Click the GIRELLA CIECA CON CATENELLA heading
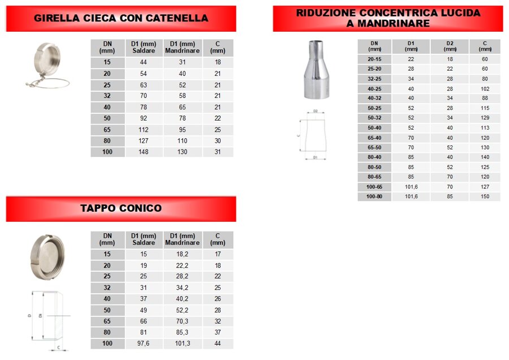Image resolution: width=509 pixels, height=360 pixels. pyautogui.click(x=120, y=18)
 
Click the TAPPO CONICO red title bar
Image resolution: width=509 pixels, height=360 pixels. pyautogui.click(x=120, y=208)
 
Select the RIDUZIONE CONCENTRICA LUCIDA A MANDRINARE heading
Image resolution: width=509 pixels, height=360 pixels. pyautogui.click(x=388, y=18)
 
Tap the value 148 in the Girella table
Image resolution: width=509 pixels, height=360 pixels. pyautogui.click(x=143, y=152)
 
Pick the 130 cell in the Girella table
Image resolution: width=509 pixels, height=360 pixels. pyautogui.click(x=182, y=152)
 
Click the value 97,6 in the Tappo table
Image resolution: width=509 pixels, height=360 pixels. pyautogui.click(x=143, y=344)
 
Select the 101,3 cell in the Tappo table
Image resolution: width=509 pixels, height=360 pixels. pyautogui.click(x=182, y=344)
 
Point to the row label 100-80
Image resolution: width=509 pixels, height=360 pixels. pyautogui.click(x=374, y=196)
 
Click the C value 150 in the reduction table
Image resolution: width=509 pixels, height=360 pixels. pyautogui.click(x=485, y=196)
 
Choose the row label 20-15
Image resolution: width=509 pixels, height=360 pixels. pyautogui.click(x=374, y=59)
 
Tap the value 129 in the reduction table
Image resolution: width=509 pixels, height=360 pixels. pyautogui.click(x=485, y=118)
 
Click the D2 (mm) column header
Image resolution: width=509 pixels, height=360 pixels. pyautogui.click(x=450, y=46)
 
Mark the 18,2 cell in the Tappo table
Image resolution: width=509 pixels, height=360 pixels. pyautogui.click(x=182, y=254)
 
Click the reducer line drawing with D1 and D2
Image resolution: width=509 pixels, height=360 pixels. pyautogui.click(x=315, y=136)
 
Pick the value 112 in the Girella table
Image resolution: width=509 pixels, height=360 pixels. pyautogui.click(x=143, y=130)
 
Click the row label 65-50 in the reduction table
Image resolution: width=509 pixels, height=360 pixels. pyautogui.click(x=374, y=147)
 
